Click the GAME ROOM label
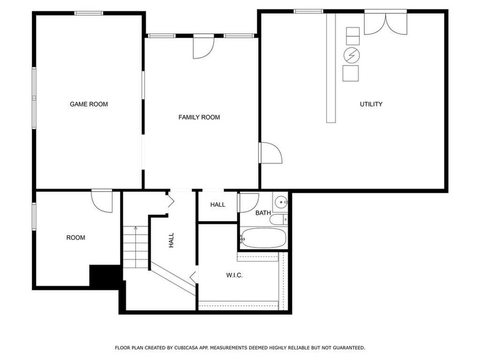click(x=89, y=104)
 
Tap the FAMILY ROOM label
click(x=199, y=117)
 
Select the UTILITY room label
click(x=371, y=104)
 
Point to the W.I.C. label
click(x=234, y=275)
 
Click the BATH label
click(x=263, y=213)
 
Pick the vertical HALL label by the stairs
click(x=171, y=240)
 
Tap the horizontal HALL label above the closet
click(x=218, y=205)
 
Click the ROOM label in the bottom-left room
click(x=75, y=238)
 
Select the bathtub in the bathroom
click(x=263, y=238)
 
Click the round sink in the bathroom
click(x=281, y=202)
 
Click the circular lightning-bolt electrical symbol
click(x=352, y=55)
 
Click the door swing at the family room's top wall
click(x=203, y=47)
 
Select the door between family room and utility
click(x=271, y=153)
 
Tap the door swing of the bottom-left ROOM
click(x=102, y=201)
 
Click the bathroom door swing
click(x=248, y=203)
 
